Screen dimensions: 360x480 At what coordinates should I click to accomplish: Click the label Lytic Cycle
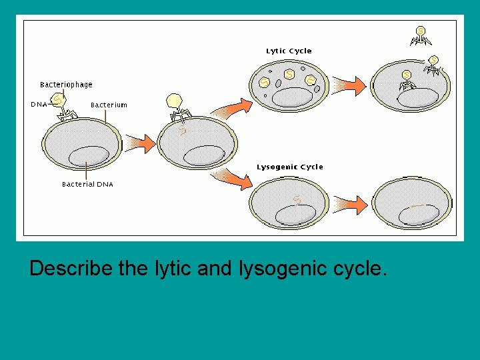click(x=289, y=51)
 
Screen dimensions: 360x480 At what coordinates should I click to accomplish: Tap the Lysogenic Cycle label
click(x=289, y=167)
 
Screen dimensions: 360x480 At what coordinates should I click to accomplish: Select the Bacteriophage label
click(x=66, y=85)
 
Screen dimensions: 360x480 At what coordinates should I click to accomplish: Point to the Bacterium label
click(x=109, y=105)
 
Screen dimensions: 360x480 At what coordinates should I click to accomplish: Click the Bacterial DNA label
click(x=87, y=184)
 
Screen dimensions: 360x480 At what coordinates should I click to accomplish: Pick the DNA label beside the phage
click(x=39, y=104)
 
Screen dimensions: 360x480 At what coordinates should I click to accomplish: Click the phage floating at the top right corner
click(x=421, y=35)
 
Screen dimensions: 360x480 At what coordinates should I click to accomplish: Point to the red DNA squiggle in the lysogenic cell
click(x=297, y=198)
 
